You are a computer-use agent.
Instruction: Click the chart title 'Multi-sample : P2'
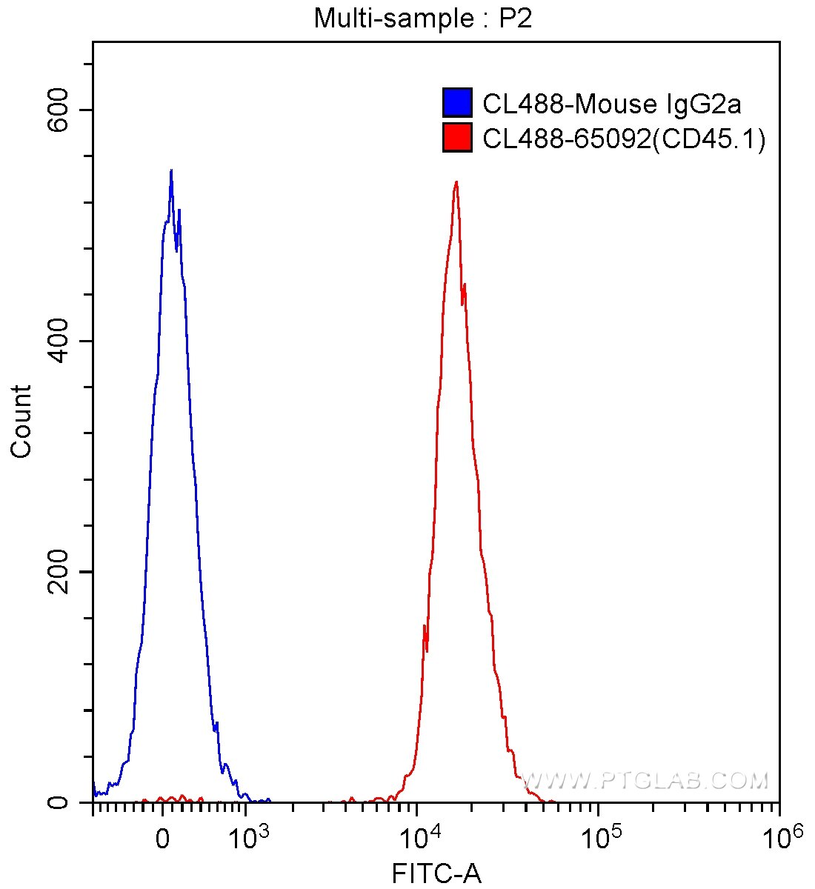coord(423,18)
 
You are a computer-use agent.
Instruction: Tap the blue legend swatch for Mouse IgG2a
coord(457,103)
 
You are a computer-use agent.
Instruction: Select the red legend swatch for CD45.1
coord(457,138)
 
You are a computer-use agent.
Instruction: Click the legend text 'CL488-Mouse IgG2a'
coord(611,104)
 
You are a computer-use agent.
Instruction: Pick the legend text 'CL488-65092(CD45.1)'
coord(624,139)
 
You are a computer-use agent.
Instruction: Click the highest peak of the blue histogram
coord(171,170)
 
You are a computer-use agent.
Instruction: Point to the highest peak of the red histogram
coord(456,182)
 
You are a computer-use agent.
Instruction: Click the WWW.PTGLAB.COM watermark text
coord(645,780)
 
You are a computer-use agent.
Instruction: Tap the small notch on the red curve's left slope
coord(425,628)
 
